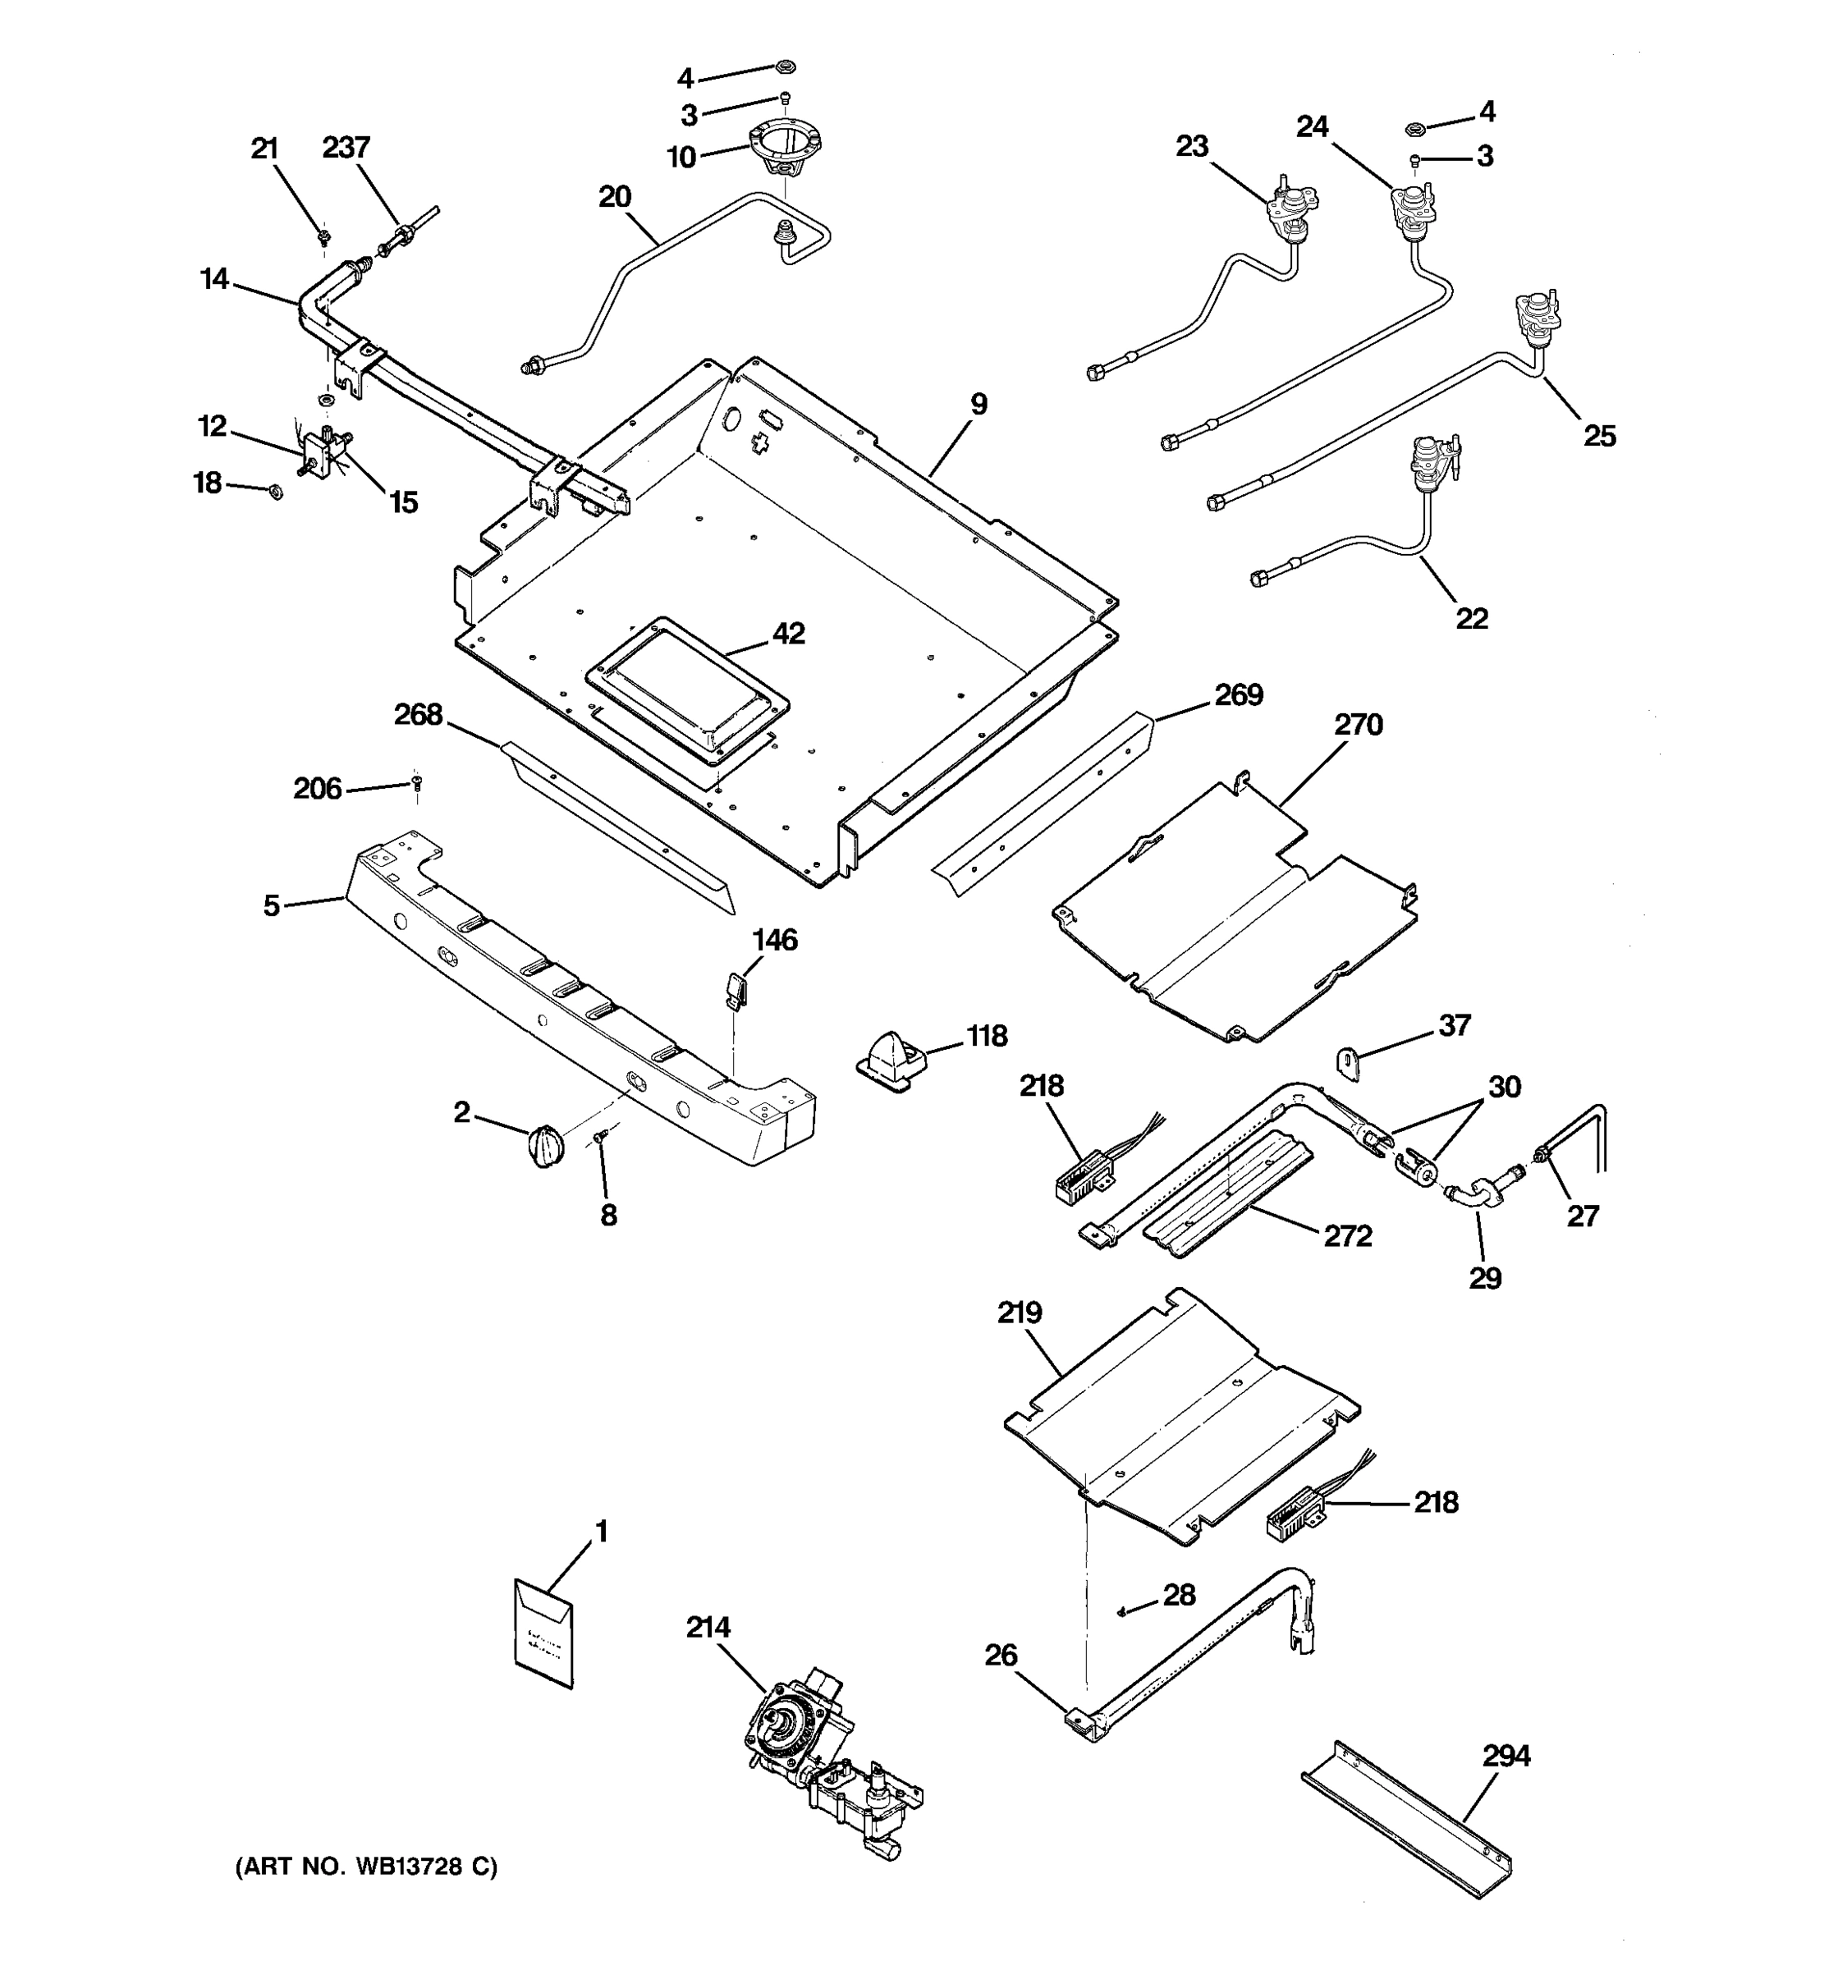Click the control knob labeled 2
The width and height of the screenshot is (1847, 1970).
pyautogui.click(x=546, y=1146)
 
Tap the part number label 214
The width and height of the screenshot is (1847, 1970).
pyautogui.click(x=708, y=1629)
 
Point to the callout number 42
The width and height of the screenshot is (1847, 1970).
pyautogui.click(x=788, y=633)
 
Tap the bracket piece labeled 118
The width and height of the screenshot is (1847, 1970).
pyautogui.click(x=889, y=1061)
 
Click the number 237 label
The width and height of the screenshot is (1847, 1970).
pyautogui.click(x=346, y=148)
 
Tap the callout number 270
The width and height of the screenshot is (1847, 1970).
pyautogui.click(x=1358, y=726)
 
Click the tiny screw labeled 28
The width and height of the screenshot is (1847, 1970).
pyautogui.click(x=1120, y=1611)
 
